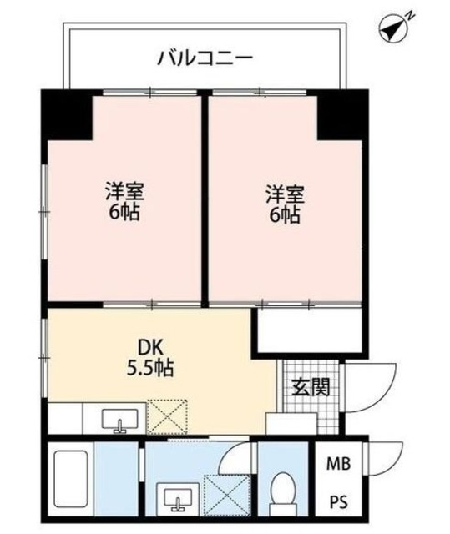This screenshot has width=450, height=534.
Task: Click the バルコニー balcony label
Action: (x=205, y=59)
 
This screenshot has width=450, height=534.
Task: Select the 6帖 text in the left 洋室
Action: (x=123, y=212)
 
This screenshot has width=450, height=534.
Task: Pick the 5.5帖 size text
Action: (x=151, y=366)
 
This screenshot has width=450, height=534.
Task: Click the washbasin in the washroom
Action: (x=179, y=498)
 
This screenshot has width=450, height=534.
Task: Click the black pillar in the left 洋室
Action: (x=68, y=115)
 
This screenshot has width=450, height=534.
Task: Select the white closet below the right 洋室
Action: (x=308, y=329)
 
